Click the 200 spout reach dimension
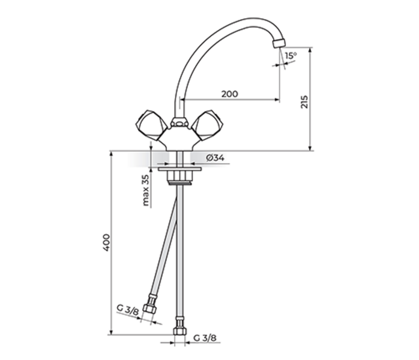point(229,94)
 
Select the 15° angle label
point(291,56)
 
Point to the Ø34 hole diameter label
point(214,157)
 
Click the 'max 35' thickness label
point(145,191)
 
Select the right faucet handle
point(208,125)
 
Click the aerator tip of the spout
point(277,44)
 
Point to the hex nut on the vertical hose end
point(178,331)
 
